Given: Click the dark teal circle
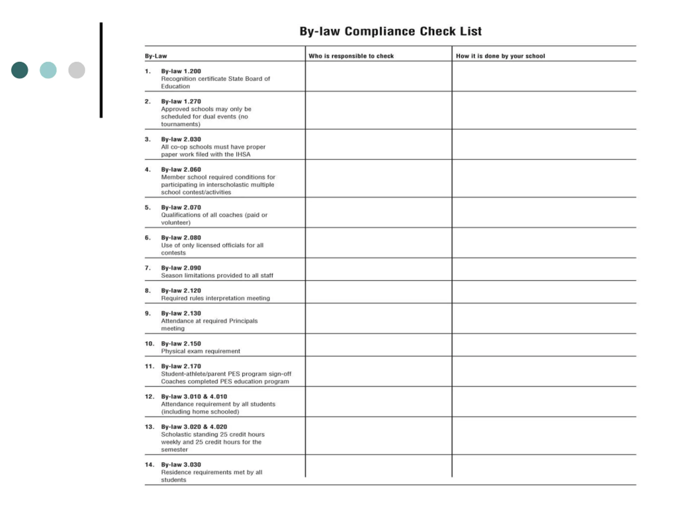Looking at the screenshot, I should [x=19, y=70].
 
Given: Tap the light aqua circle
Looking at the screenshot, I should [x=48, y=70].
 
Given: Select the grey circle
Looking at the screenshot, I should [x=76, y=70].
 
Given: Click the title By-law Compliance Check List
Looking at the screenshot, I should [x=390, y=31].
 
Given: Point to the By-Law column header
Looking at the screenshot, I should [x=156, y=56].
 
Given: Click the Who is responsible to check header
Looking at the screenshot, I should [x=351, y=56].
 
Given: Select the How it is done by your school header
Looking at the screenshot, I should [x=500, y=56].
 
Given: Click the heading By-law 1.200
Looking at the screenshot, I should [x=181, y=71].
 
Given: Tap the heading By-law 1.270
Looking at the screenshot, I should [x=181, y=101].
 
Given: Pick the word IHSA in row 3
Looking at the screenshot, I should [x=243, y=154].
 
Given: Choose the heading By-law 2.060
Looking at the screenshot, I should [x=181, y=170].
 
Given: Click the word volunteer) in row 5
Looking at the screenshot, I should [x=176, y=223].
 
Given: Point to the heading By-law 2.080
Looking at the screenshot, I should [x=181, y=238].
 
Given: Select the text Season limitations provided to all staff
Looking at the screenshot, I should [x=217, y=275].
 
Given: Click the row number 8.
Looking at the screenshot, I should [x=147, y=291].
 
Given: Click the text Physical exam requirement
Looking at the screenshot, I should [x=201, y=351].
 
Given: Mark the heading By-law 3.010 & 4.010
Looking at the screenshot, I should [x=194, y=397].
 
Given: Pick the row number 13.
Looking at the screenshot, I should [x=149, y=427].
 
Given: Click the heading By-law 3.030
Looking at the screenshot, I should [x=181, y=465].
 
